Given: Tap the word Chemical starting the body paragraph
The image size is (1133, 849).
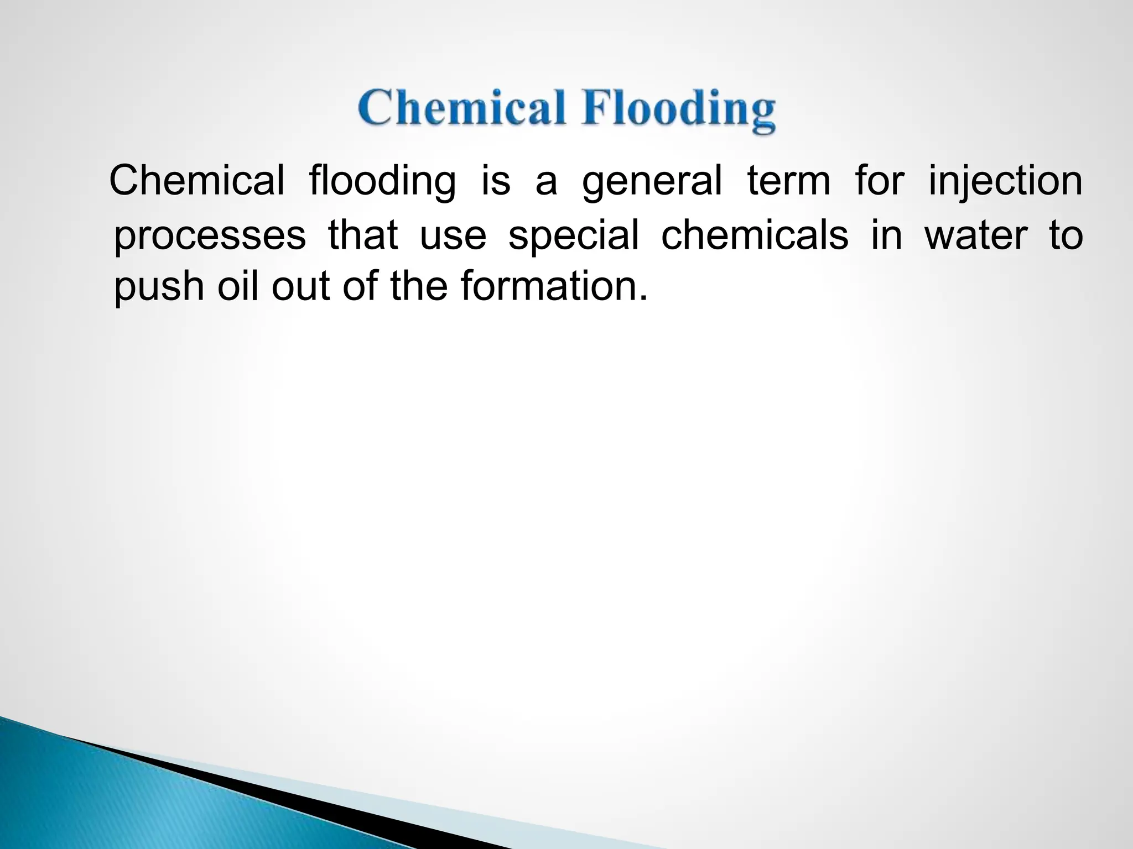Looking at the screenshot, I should (x=197, y=181).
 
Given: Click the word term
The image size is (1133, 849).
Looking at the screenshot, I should (x=788, y=181).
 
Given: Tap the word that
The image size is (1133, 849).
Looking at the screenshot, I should (x=363, y=234).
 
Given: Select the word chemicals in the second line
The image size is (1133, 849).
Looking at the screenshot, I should (x=754, y=234).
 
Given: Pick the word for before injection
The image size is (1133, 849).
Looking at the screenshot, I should (x=879, y=181).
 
